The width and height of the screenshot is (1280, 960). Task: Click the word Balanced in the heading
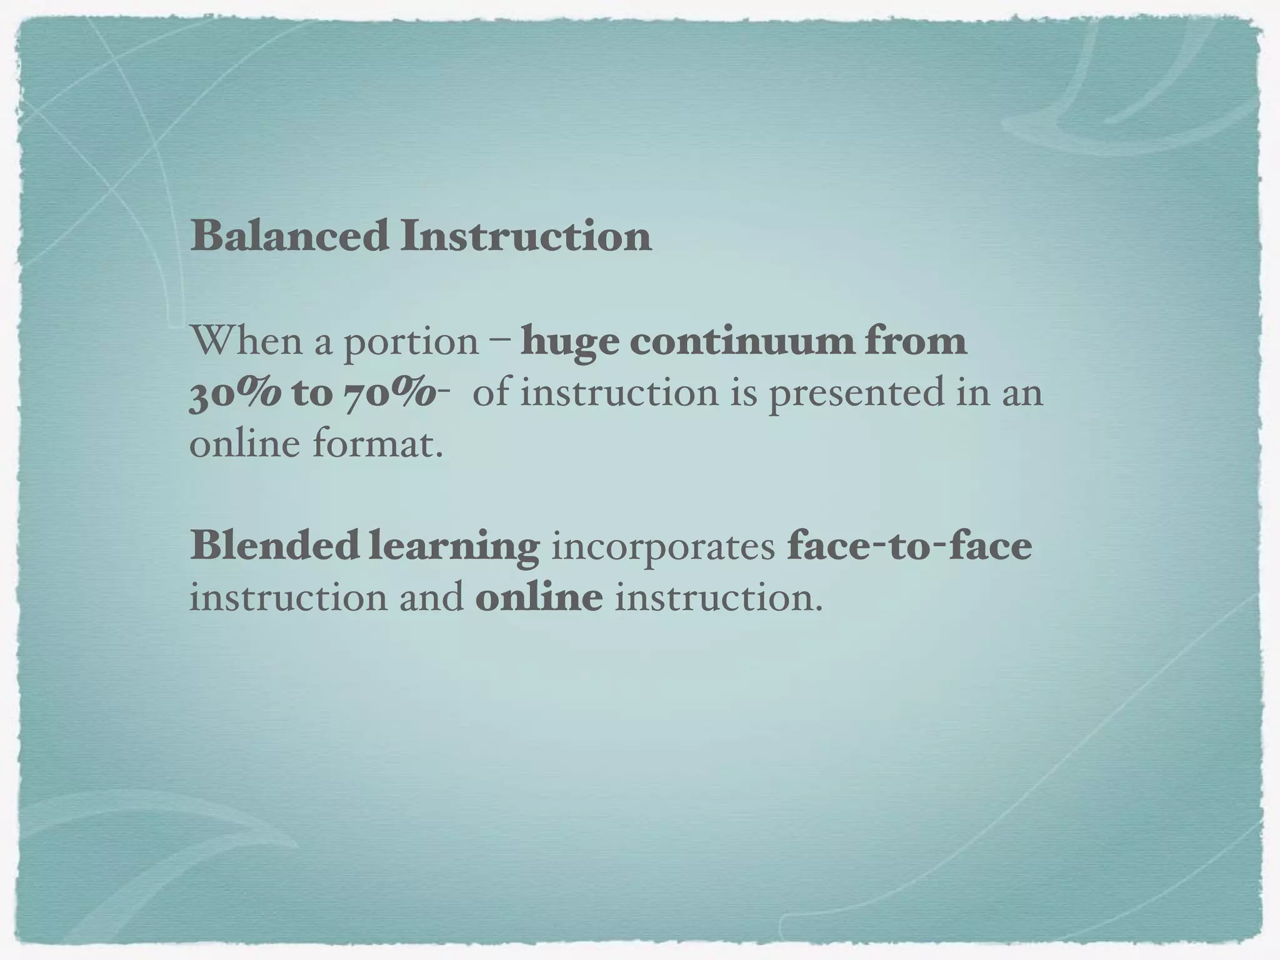coord(289,236)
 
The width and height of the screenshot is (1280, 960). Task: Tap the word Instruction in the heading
coord(526,236)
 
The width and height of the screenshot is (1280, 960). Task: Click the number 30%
coord(235,394)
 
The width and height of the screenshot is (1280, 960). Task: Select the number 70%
coord(390,394)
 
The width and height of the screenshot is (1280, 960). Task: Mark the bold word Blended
coord(274,545)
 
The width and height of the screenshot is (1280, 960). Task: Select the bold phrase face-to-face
coord(909,545)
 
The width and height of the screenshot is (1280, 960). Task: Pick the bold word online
coord(539,597)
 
